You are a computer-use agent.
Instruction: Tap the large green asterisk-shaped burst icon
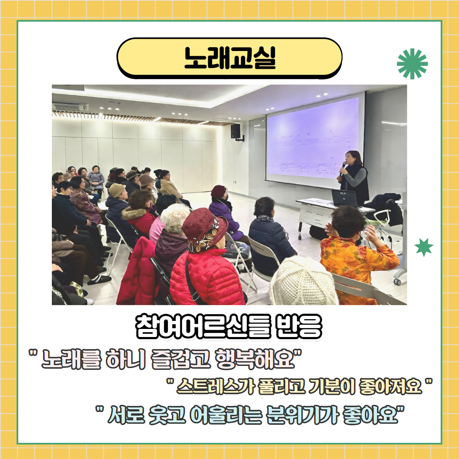412,64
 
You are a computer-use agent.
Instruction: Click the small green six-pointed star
424,247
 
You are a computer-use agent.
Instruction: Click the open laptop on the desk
344,198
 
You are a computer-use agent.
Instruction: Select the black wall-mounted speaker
235,131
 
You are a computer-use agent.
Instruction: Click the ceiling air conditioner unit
70,106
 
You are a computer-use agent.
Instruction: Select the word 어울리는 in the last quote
226,414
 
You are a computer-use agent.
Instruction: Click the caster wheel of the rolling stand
397,281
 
